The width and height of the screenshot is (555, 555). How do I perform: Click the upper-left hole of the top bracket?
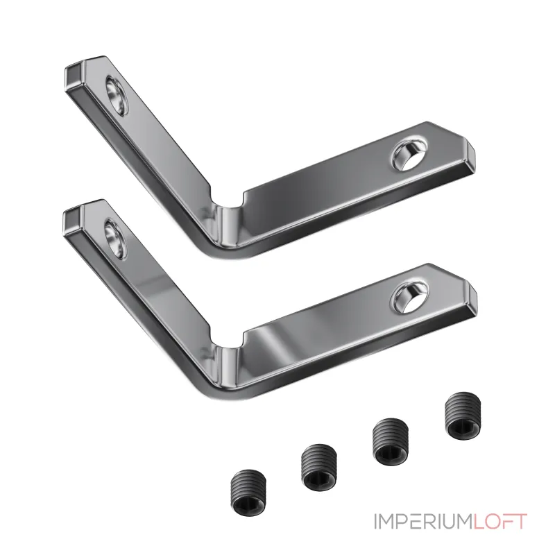click(117, 95)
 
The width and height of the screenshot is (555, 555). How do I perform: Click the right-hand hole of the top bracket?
click(409, 155)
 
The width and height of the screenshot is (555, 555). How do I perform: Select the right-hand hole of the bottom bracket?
click(410, 298)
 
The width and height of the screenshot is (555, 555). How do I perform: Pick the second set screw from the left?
click(318, 468)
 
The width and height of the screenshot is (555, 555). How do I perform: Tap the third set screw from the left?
click(391, 441)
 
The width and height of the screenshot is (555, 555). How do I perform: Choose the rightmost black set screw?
click(463, 417)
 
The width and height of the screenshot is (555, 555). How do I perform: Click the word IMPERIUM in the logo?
click(424, 522)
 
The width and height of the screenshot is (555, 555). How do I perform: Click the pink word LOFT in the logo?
click(500, 522)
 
